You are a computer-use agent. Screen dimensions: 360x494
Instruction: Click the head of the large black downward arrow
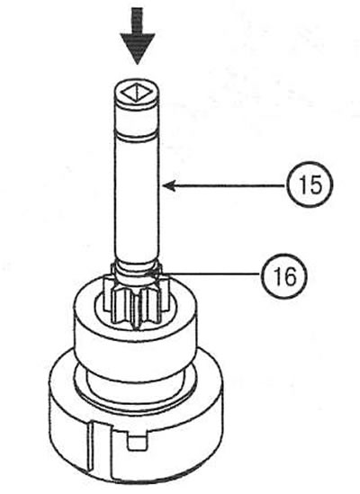pos(137,47)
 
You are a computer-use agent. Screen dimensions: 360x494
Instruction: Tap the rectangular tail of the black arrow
pos(137,21)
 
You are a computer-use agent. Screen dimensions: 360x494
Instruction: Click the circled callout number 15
pos(310,185)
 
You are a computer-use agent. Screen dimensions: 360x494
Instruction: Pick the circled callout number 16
pos(283,276)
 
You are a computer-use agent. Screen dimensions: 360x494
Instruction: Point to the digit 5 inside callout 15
pos(316,185)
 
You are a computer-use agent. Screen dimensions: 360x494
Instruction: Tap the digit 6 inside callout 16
pos(290,277)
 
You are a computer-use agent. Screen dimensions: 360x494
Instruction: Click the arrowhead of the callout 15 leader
pos(169,186)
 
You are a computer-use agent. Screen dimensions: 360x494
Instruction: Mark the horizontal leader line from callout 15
pos(225,186)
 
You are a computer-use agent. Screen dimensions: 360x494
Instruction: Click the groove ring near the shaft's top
pos(138,137)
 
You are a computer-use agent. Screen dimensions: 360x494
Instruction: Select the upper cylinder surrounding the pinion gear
pos(136,334)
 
